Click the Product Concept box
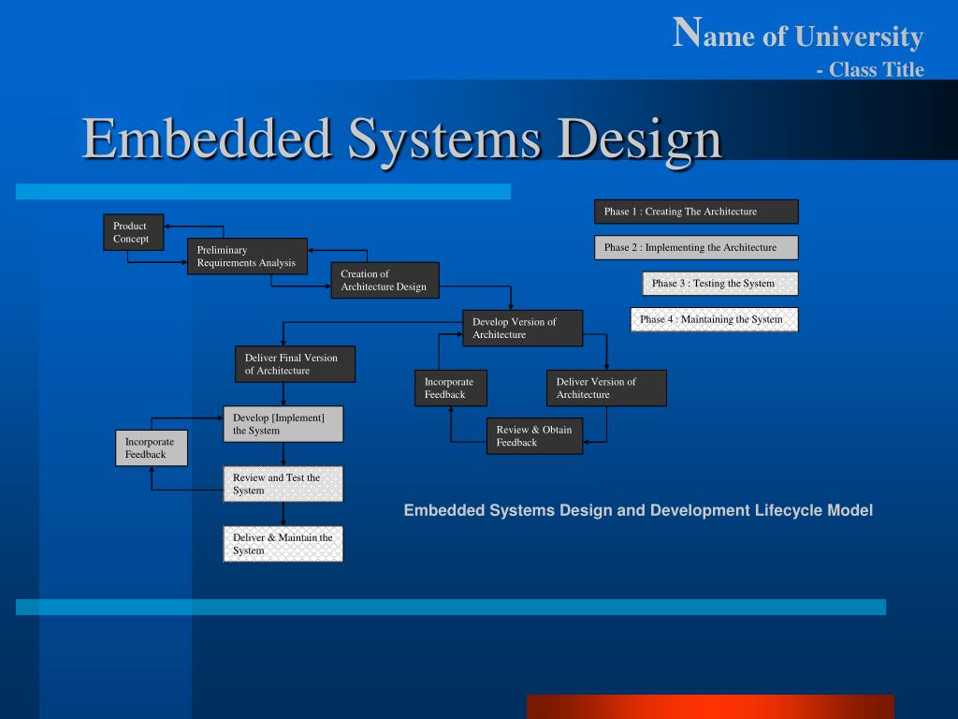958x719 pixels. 133,232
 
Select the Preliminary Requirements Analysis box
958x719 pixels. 247,257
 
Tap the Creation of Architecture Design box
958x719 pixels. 385,280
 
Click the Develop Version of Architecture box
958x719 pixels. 523,328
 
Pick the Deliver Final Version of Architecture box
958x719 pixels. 295,364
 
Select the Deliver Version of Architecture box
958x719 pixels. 606,388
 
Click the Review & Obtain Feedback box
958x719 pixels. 534,435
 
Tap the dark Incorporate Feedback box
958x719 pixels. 450,388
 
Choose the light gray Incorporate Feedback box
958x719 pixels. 152,448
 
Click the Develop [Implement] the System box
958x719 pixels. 283,424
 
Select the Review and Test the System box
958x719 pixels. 283,484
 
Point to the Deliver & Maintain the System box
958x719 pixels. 283,544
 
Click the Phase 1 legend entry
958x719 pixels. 696,212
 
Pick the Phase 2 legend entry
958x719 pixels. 696,247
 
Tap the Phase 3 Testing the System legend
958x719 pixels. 719,284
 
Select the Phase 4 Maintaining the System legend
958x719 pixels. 714,319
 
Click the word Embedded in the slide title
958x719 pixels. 208,139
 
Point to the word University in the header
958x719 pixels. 859,37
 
